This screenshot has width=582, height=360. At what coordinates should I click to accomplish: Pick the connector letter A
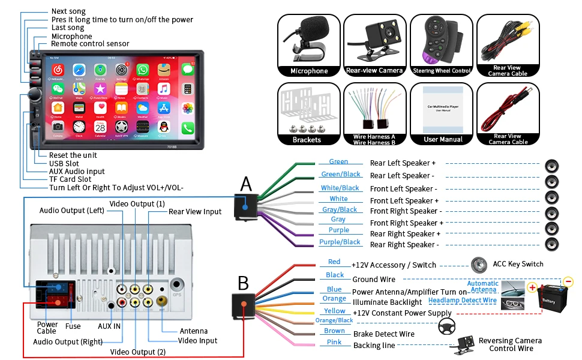point(246,185)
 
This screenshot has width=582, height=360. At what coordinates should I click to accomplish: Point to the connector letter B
point(243,283)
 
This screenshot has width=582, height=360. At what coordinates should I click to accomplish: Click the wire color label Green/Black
point(341,175)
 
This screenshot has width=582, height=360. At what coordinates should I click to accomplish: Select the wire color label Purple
point(339,230)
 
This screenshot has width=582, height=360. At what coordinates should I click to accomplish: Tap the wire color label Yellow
point(335,311)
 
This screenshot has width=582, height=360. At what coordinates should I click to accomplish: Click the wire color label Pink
point(334,342)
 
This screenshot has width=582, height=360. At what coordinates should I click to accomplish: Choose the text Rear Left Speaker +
point(403,163)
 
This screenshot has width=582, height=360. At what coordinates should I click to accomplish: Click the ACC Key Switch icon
point(478,263)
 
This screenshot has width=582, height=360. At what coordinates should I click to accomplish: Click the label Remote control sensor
point(90,44)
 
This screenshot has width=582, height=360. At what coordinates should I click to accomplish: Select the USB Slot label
point(64,163)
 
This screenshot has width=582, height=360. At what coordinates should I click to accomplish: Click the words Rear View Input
point(195,212)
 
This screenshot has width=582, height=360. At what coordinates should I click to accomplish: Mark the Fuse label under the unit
point(73,327)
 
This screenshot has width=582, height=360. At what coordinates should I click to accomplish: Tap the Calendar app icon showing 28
point(100,127)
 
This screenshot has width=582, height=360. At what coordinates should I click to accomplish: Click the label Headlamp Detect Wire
point(463,301)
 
